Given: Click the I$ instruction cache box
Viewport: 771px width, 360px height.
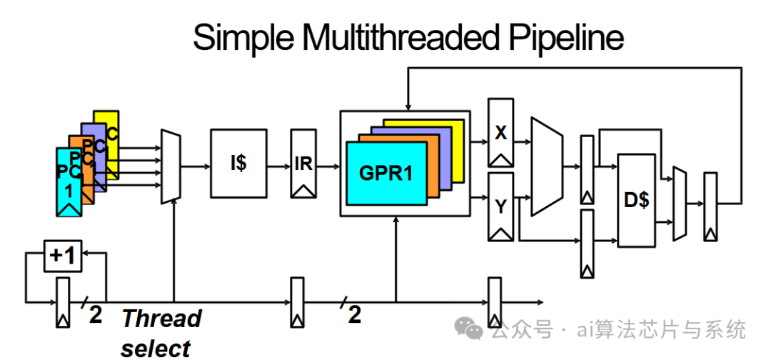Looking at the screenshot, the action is click(238, 164).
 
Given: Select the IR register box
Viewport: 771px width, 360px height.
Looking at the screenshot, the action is click(303, 164).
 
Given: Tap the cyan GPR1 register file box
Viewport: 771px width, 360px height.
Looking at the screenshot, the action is click(386, 173).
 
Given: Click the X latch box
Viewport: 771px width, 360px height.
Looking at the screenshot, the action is click(500, 133).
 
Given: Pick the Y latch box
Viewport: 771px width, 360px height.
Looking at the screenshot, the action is click(500, 206).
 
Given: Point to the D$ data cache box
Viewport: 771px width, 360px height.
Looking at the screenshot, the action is click(637, 200).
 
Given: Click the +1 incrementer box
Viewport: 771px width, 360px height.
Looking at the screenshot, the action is click(64, 256).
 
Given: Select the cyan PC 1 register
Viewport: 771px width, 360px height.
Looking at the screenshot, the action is click(69, 181).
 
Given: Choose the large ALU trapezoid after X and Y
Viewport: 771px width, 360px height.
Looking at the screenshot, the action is click(546, 166).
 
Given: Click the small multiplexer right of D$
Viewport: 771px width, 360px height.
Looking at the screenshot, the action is click(680, 204).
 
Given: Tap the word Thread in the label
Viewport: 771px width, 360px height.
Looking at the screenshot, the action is click(162, 318).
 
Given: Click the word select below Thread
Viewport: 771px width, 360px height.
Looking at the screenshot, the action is click(156, 349).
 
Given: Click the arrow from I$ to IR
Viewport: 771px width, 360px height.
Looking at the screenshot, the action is click(279, 166).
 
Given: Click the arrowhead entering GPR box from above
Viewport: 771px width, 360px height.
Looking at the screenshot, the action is click(407, 107).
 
